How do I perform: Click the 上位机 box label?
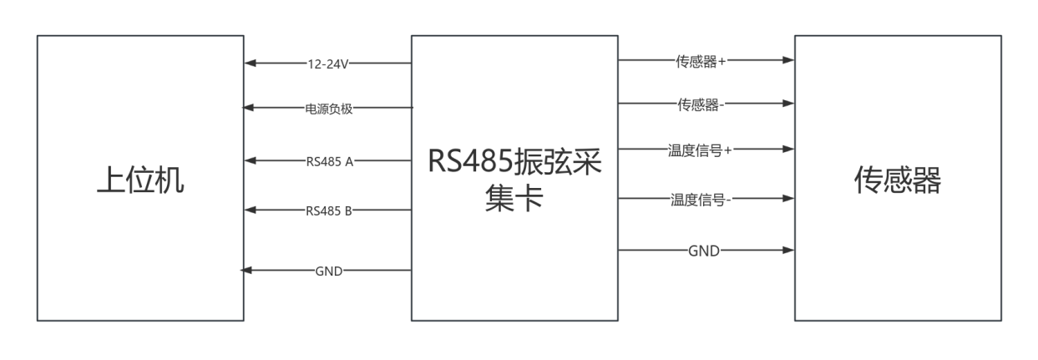[139, 180]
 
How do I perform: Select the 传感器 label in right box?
[897, 180]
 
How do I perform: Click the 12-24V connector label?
[328, 63]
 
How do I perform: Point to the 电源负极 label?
[328, 108]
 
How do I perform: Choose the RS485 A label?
[328, 161]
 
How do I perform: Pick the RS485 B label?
[328, 210]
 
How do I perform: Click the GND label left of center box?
[328, 271]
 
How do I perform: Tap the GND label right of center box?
[702, 250]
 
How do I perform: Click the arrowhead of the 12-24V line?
[250, 63]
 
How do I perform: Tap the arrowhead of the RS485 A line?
[250, 161]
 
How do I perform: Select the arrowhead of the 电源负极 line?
[248, 108]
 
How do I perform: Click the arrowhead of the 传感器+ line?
[788, 60]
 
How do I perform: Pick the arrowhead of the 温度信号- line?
[788, 199]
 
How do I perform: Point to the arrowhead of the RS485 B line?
[250, 210]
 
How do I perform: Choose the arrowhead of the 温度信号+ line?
[788, 150]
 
